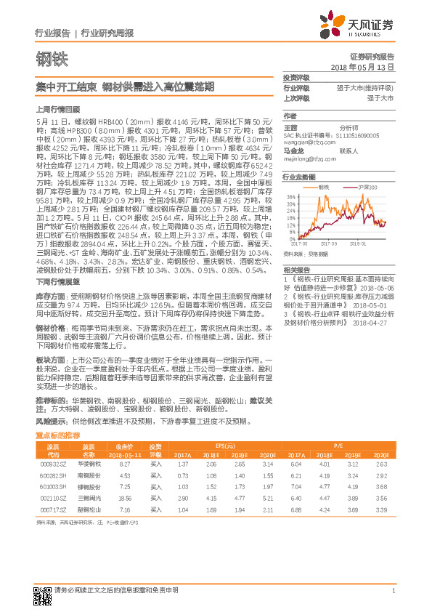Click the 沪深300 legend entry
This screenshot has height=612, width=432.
(x=354, y=188)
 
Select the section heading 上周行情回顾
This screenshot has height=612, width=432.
(x=52, y=108)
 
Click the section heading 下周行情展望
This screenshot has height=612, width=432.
(x=52, y=280)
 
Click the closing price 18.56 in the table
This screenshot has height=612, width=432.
(x=125, y=498)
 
